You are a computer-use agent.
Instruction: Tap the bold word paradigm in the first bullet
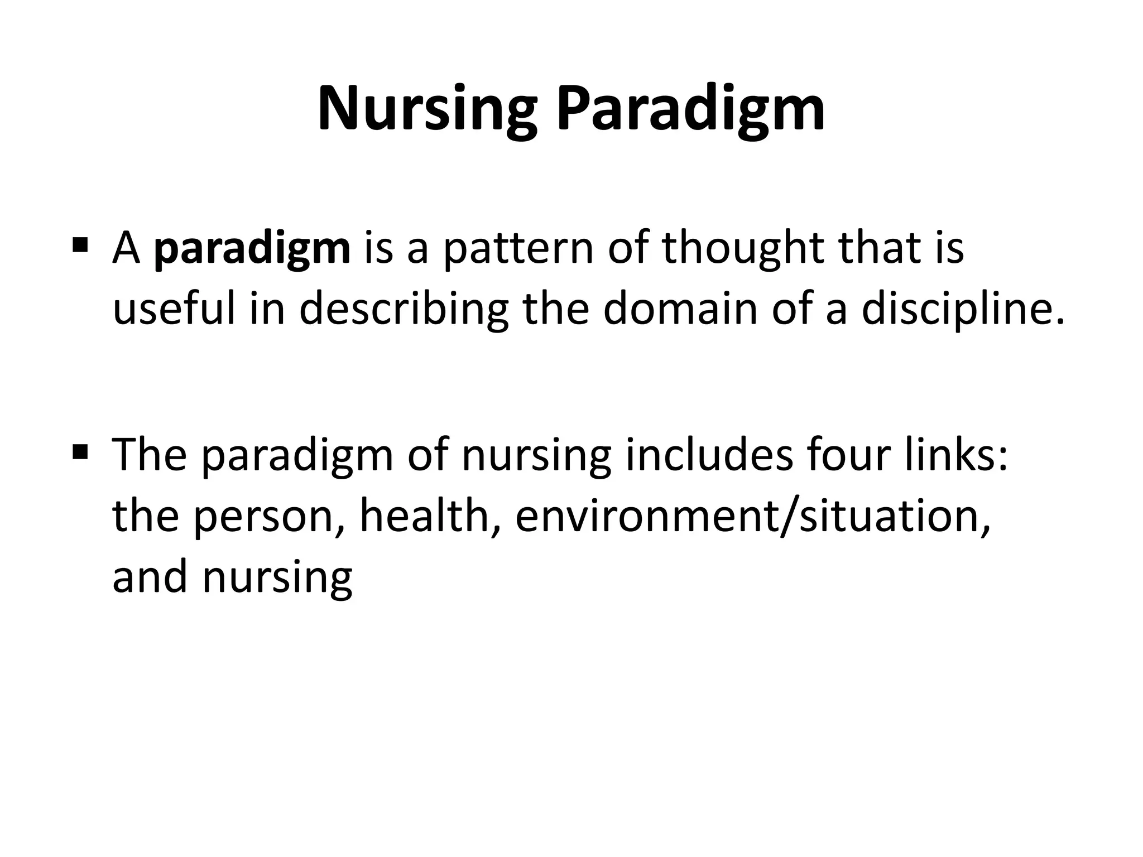click(252, 249)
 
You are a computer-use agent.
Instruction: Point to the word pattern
click(517, 249)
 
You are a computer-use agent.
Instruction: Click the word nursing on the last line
click(277, 577)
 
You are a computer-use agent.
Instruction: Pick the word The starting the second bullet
click(149, 455)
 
